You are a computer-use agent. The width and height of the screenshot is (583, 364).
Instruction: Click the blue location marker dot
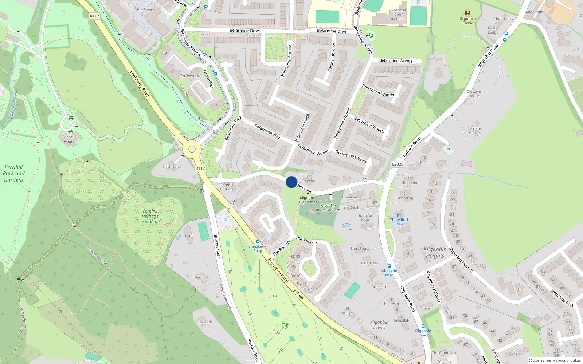pos(291,182)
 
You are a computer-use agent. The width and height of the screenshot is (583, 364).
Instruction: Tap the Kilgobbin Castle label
pos(467,21)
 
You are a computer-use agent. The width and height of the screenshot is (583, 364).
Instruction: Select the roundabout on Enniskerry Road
pos(192,149)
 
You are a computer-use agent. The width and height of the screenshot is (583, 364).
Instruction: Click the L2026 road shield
pos(398,164)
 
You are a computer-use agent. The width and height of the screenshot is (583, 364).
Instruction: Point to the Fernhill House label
pos(69,139)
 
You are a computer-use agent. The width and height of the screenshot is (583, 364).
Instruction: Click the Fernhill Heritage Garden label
pos(150,216)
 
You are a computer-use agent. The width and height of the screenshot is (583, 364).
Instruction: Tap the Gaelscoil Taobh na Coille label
pos(398,15)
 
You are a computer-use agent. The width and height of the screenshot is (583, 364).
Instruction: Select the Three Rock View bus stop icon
pos(400,215)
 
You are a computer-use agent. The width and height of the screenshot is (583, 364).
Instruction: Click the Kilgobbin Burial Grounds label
pos(328,208)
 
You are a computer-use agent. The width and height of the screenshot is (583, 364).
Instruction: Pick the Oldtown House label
pos(474,94)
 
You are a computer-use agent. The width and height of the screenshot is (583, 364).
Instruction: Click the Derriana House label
pos(474,131)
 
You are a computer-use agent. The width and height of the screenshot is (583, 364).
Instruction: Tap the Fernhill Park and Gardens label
pos(14,174)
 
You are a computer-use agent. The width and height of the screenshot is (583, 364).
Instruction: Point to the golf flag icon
pos(285,325)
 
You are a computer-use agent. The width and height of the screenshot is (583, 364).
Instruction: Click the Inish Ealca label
pos(172,167)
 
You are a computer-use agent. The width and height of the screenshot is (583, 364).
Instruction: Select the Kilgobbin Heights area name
pos(435,253)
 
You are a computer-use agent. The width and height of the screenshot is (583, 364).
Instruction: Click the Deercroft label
pos(201,277)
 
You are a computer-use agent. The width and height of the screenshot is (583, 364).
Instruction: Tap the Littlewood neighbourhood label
pos(191,76)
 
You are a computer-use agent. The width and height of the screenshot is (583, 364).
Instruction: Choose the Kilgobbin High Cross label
pos(308,200)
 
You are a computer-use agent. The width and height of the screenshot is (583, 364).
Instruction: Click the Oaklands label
pos(204,322)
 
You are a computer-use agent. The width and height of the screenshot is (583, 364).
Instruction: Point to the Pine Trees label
pos(369,263)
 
